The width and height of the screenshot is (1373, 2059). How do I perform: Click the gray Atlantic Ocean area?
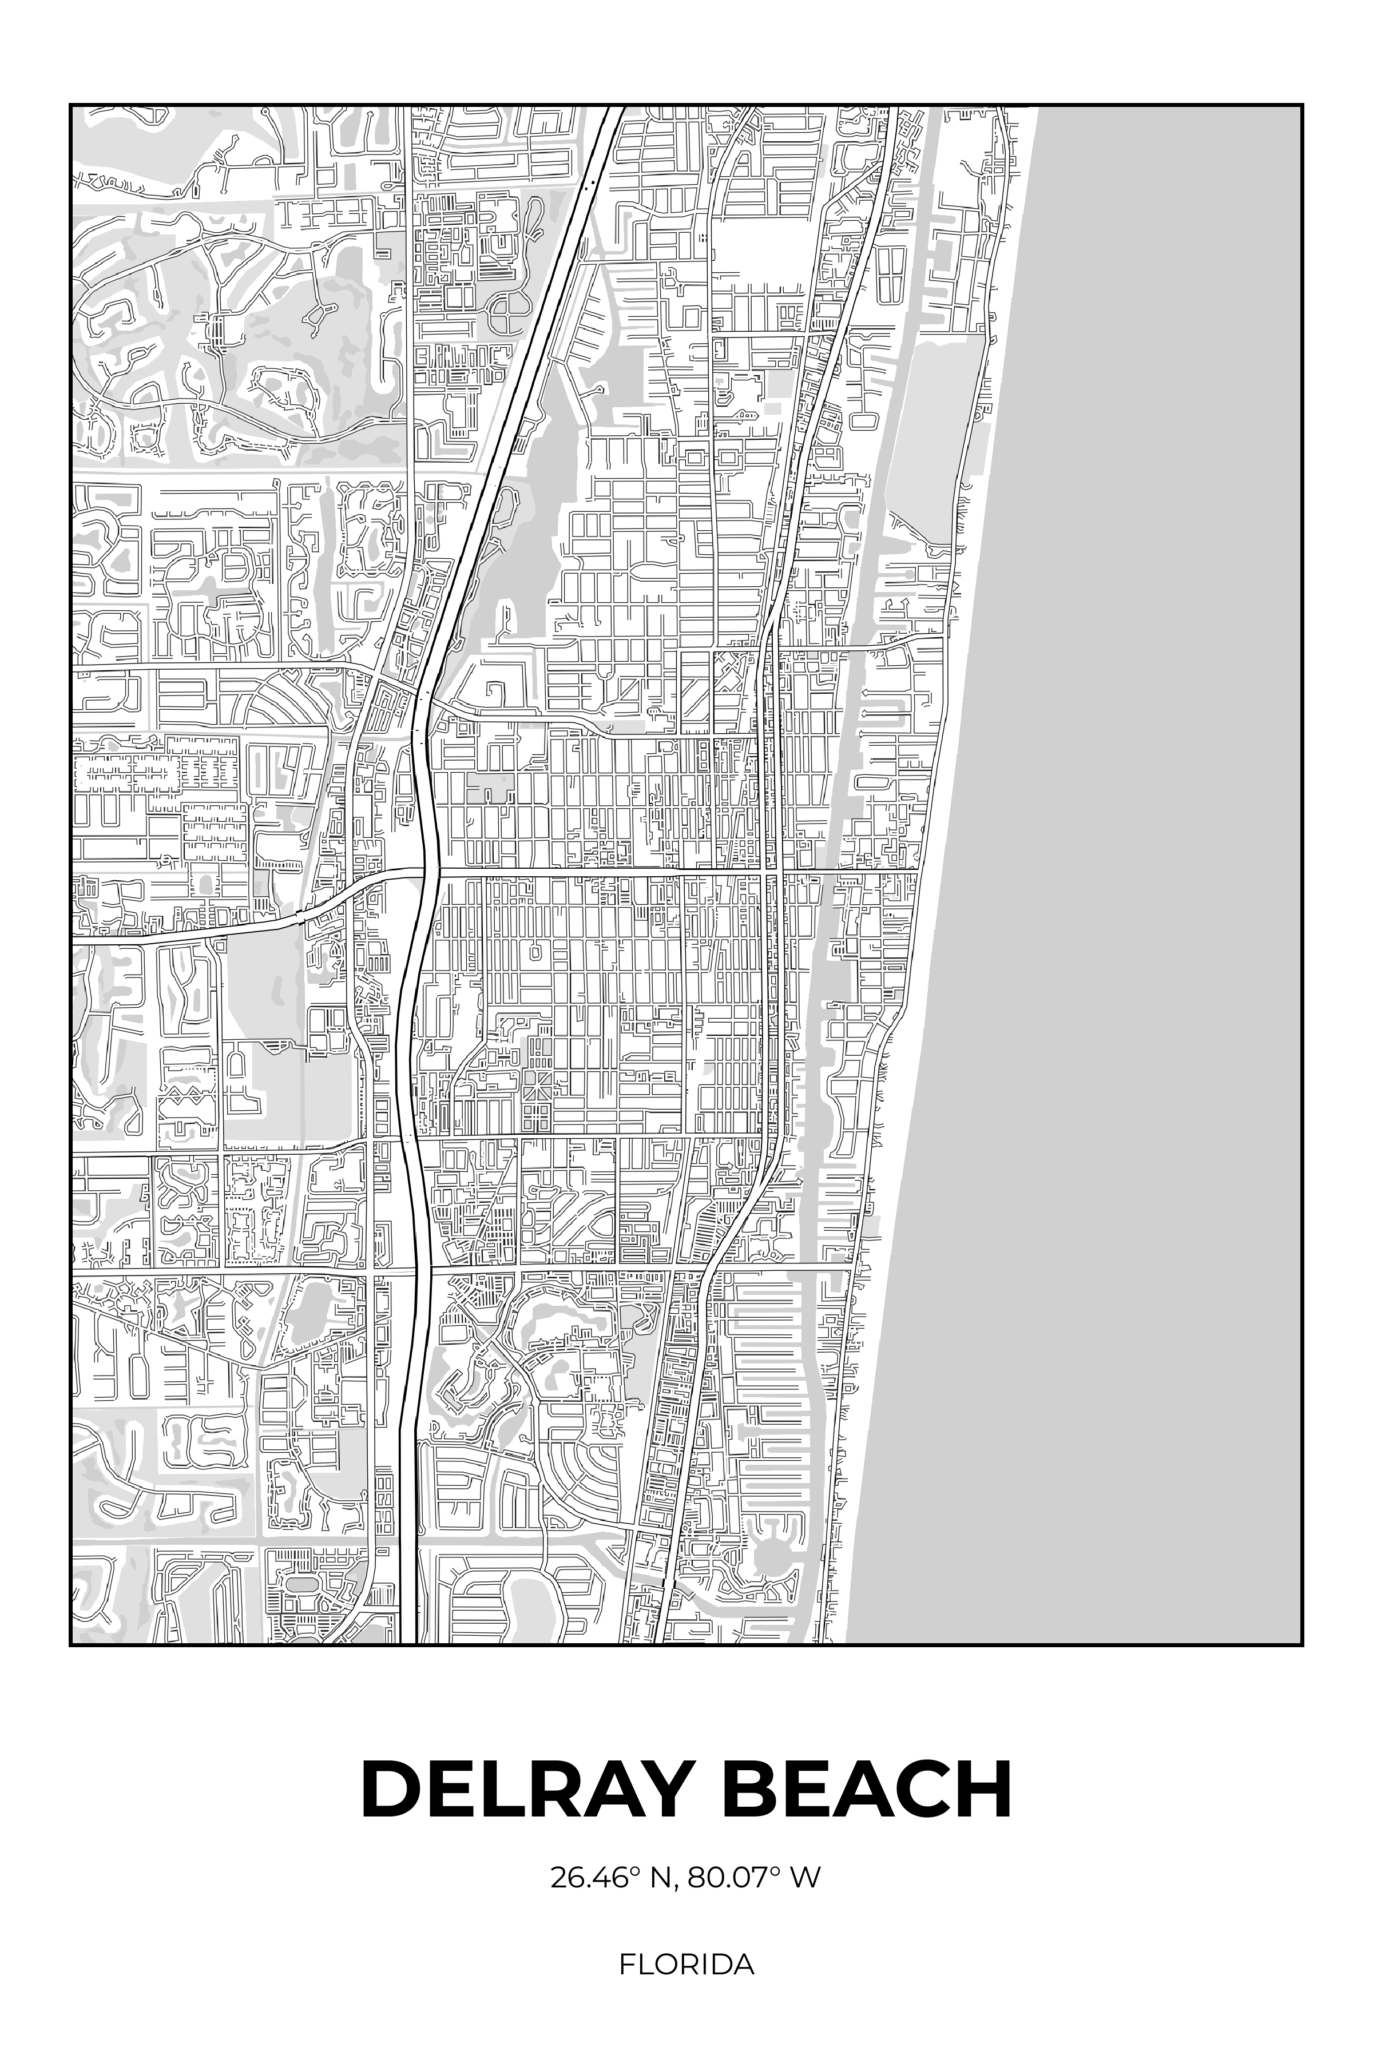pos(1138,788)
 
